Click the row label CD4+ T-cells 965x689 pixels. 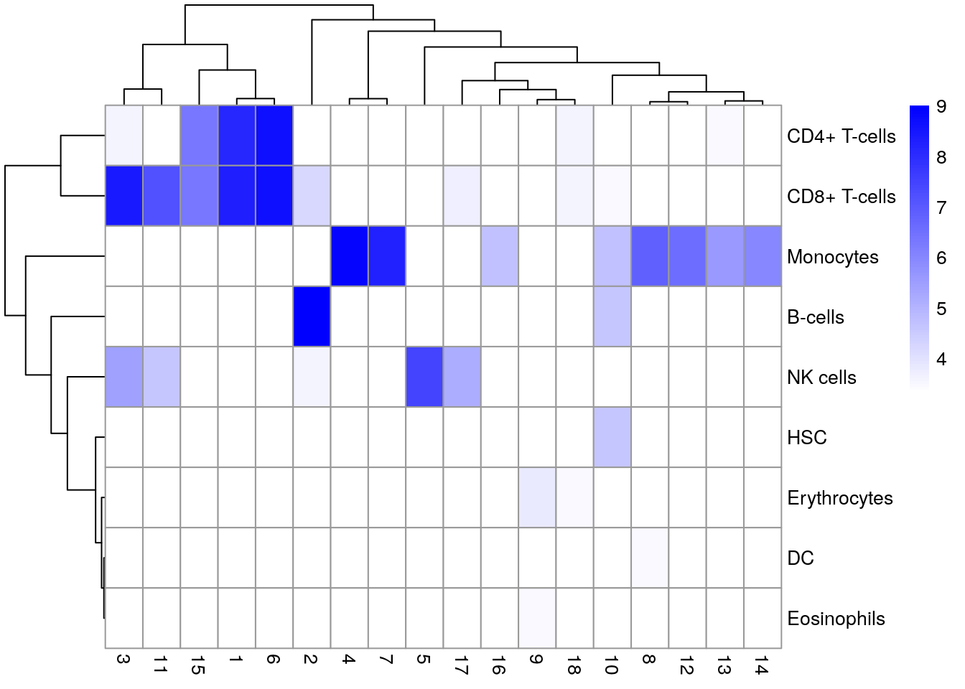pos(841,136)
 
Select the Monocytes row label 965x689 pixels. pos(832,257)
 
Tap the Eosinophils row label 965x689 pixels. pos(836,619)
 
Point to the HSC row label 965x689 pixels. pos(807,438)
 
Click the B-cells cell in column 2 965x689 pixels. pos(312,317)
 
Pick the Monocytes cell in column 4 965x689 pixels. pos(349,256)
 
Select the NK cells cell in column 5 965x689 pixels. pos(424,377)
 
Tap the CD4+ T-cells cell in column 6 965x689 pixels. pos(274,136)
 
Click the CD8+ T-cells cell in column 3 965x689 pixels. pos(124,196)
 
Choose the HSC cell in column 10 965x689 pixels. pos(612,437)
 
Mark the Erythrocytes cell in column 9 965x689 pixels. pos(537,497)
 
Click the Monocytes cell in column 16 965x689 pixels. pos(500,256)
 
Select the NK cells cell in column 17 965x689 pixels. pos(462,377)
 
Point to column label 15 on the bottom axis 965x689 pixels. pos(198,665)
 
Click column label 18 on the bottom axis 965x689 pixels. pos(574,665)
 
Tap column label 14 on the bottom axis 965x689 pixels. pos(762,665)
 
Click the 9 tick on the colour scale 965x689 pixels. pos(941,107)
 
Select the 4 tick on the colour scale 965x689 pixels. pos(941,360)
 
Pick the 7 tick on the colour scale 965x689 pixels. pos(941,208)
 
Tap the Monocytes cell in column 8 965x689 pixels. pos(650,256)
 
